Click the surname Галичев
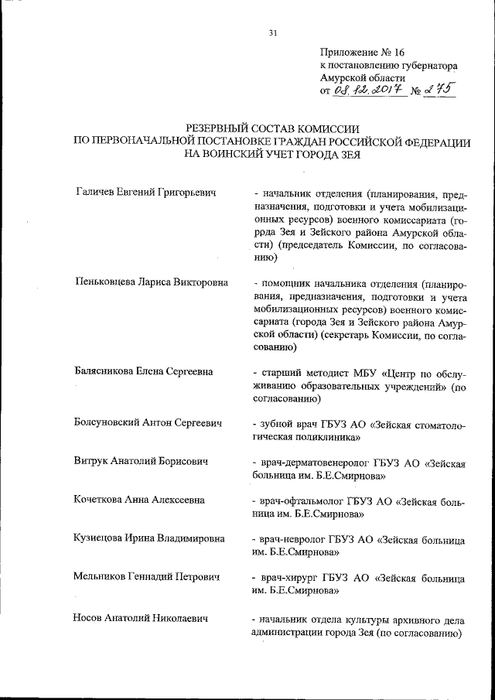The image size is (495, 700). tap(97, 191)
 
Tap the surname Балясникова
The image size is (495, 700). tap(106, 372)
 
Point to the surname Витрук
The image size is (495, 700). tap(91, 462)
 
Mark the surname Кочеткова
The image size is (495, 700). tap(101, 499)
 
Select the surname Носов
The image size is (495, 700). tap(88, 617)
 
